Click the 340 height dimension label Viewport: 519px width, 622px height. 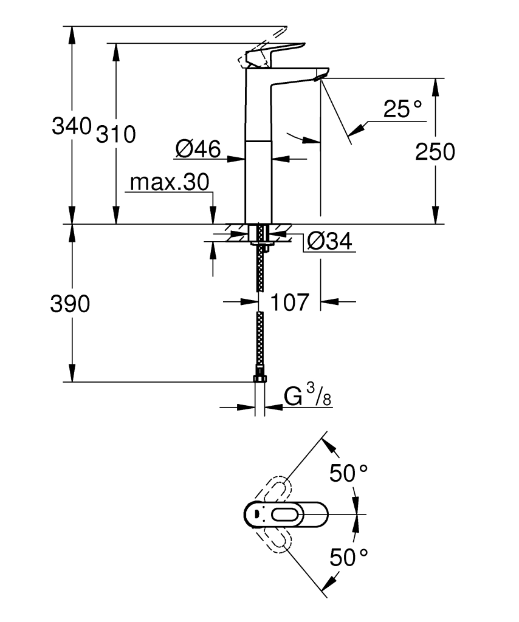click(71, 127)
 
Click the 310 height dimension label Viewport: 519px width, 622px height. click(115, 134)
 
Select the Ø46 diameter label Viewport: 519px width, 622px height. click(198, 149)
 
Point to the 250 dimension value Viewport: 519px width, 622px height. click(435, 152)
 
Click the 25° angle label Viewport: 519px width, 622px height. click(402, 109)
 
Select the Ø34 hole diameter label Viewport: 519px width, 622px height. click(329, 241)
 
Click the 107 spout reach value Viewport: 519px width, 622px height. click(289, 302)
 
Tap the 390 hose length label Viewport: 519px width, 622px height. click(70, 304)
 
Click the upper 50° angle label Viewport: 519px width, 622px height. click(349, 473)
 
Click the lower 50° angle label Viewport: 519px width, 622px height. click(349, 556)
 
